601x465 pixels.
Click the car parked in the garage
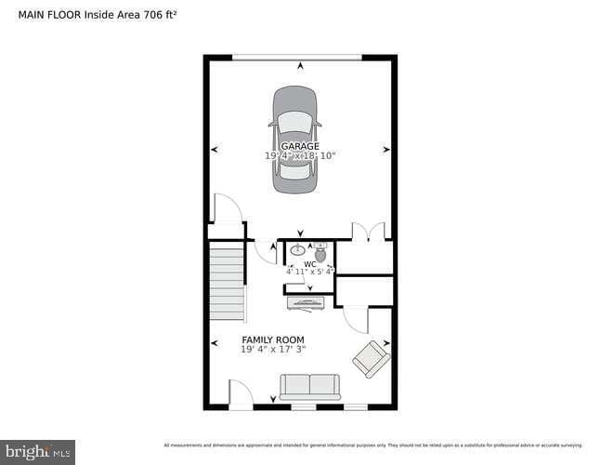pyautogui.click(x=294, y=139)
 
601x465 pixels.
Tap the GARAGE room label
pyautogui.click(x=300, y=146)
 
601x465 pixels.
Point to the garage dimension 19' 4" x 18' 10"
pyautogui.click(x=300, y=156)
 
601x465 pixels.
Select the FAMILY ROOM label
pyautogui.click(x=273, y=339)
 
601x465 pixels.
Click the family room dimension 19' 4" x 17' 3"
pyautogui.click(x=273, y=350)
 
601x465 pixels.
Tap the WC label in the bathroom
pyautogui.click(x=309, y=264)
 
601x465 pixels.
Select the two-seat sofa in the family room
pyautogui.click(x=310, y=387)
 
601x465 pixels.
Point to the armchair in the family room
pyautogui.click(x=371, y=359)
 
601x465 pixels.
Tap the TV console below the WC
pyautogui.click(x=306, y=302)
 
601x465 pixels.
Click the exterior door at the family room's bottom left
pyautogui.click(x=240, y=395)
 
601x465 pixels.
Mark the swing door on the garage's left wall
pyautogui.click(x=227, y=208)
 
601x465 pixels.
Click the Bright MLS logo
pyautogui.click(x=37, y=452)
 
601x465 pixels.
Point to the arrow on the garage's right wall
pyautogui.click(x=385, y=149)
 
